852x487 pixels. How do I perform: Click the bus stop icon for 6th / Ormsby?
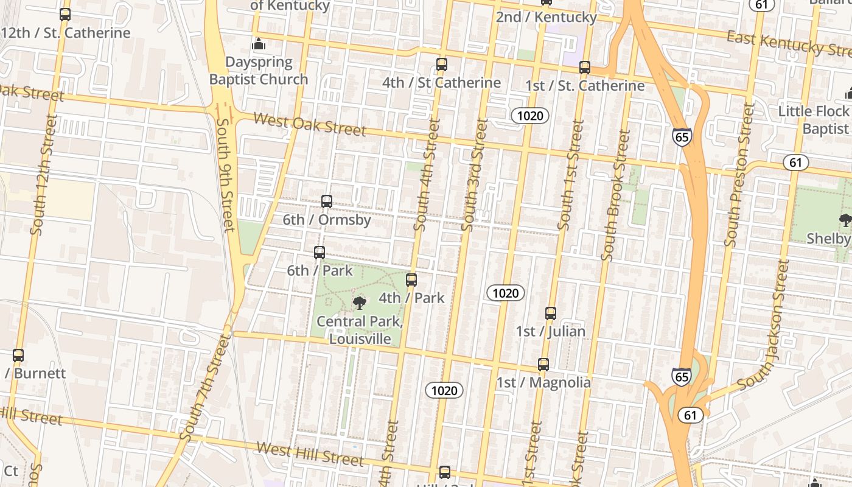pyautogui.click(x=327, y=201)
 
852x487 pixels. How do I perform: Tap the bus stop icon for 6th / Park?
pyautogui.click(x=319, y=252)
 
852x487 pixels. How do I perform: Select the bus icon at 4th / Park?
pyautogui.click(x=411, y=280)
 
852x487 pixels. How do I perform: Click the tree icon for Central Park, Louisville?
pyautogui.click(x=360, y=303)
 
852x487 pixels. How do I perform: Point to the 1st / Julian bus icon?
pyautogui.click(x=551, y=314)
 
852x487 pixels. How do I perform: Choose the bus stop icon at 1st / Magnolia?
pyautogui.click(x=543, y=365)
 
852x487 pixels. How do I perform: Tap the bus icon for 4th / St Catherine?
pyautogui.click(x=442, y=65)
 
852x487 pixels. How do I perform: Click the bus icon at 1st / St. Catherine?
pyautogui.click(x=585, y=68)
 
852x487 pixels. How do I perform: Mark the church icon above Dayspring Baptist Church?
pyautogui.click(x=259, y=44)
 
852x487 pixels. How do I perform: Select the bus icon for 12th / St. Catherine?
pyautogui.click(x=65, y=15)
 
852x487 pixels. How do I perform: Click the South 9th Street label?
pyautogui.click(x=225, y=175)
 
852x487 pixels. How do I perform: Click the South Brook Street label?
pyautogui.click(x=615, y=195)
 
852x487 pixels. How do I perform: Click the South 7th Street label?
pyautogui.click(x=206, y=388)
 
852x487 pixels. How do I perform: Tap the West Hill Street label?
pyautogui.click(x=310, y=454)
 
